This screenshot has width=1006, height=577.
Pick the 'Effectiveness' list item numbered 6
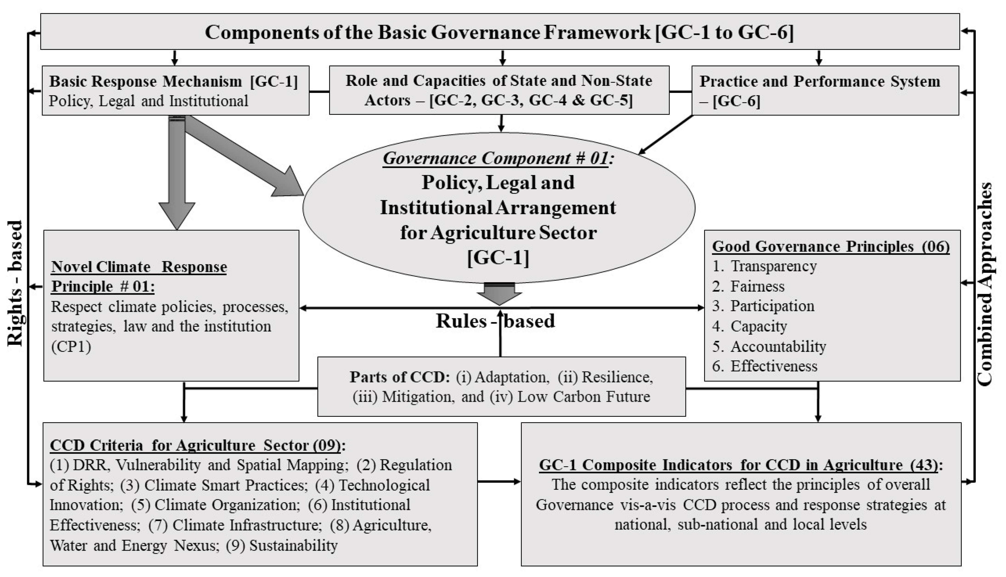[774, 366]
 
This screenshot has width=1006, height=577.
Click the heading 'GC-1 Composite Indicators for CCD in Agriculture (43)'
[740, 465]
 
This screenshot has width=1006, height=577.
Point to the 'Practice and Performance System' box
[825, 91]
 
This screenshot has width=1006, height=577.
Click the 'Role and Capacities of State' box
[499, 90]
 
